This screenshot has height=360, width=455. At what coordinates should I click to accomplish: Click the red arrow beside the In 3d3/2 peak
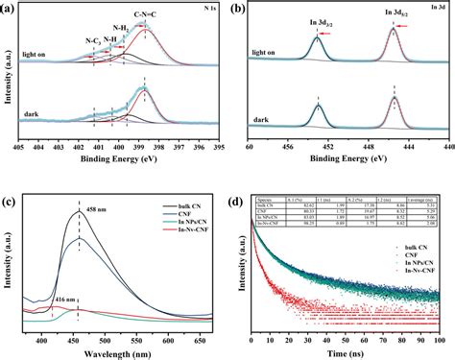coord(326,33)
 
